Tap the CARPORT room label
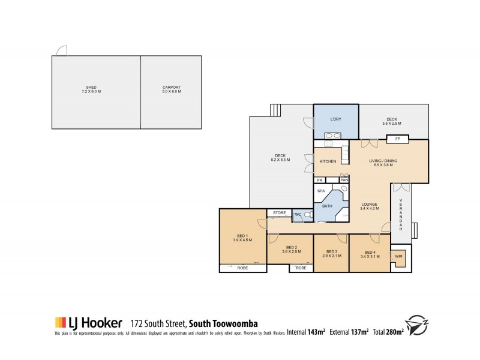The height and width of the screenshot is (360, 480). coord(172,88)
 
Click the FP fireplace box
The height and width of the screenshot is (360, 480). coord(397,139)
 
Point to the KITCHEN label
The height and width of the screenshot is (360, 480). coord(327,162)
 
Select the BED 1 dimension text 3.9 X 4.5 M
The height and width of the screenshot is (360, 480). coord(242,240)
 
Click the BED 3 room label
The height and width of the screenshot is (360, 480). coord(331,251)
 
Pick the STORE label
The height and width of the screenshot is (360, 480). coord(279,213)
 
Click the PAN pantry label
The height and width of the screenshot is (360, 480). coord(344,179)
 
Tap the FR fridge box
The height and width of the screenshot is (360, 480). coord(320,179)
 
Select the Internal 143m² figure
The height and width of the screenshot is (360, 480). coord(306,331)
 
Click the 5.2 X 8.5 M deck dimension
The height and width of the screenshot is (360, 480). coord(281,160)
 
